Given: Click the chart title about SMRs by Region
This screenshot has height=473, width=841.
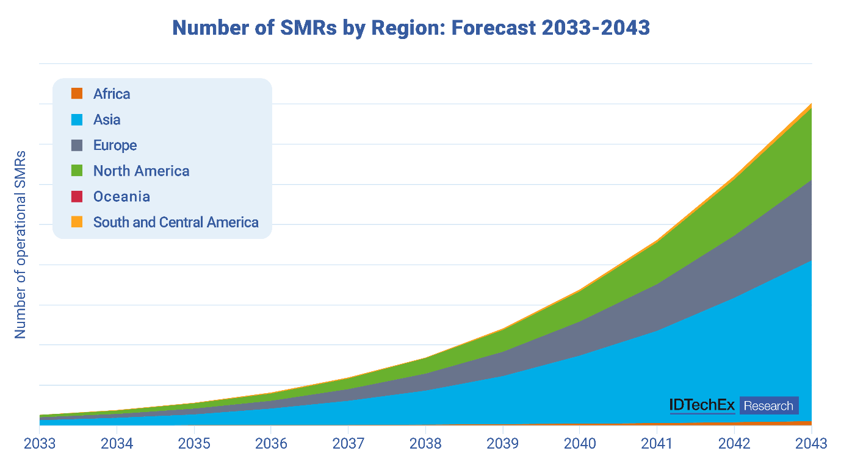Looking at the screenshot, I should [x=411, y=28].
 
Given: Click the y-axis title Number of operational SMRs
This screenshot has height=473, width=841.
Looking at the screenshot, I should [x=21, y=244].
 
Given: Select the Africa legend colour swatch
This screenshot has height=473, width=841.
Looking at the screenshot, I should [x=76, y=93].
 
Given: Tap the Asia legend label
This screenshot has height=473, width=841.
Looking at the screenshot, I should [x=107, y=119].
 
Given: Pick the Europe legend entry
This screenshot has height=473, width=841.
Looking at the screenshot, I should [x=115, y=145].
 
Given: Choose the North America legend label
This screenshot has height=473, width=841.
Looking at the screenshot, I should [x=141, y=171].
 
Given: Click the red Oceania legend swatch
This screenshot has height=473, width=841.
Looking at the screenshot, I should [x=76, y=196].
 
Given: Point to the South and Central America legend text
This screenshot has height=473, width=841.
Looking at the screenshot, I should [x=176, y=222].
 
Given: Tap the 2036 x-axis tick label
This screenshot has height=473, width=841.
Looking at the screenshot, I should [x=271, y=443].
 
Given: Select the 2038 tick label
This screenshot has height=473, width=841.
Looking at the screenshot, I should [x=425, y=443].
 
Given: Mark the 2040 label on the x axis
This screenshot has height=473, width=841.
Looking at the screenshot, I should [x=580, y=443].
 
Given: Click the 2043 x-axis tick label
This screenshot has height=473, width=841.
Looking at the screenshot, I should [x=811, y=443].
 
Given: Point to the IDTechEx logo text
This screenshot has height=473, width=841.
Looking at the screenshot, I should [x=702, y=406].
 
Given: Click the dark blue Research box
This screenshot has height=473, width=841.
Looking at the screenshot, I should [x=769, y=406].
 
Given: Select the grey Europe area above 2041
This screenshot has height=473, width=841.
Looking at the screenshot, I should [x=657, y=308].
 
